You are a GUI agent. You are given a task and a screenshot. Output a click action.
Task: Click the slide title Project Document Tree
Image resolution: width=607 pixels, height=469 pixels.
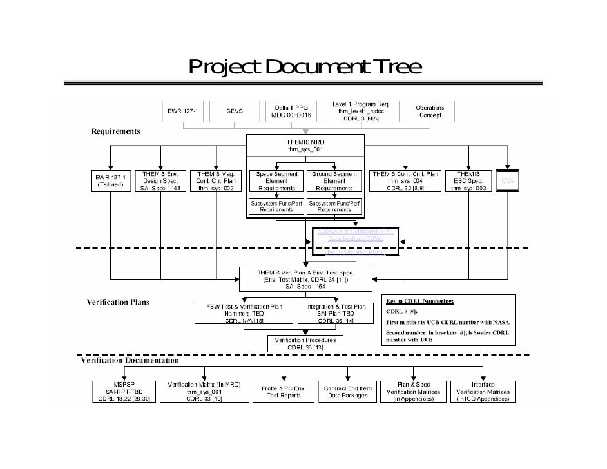click(x=304, y=67)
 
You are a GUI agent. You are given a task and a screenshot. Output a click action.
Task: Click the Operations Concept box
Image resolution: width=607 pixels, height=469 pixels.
click(x=430, y=110)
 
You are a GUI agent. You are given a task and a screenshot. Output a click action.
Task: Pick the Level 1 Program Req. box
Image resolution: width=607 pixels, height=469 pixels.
click(x=365, y=110)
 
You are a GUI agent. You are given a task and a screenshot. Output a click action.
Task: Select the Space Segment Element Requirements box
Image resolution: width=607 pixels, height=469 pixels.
click(x=277, y=180)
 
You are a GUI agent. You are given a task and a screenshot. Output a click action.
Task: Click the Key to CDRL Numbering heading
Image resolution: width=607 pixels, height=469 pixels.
click(x=420, y=300)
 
